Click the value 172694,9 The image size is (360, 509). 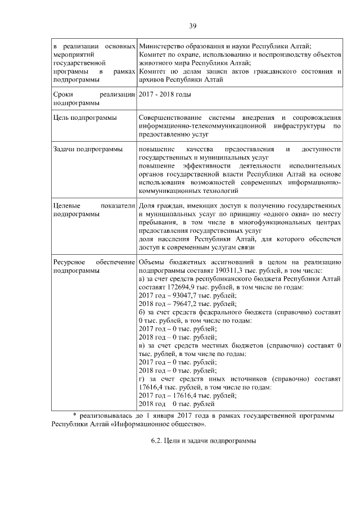click(178, 287)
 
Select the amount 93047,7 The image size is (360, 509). click(186, 295)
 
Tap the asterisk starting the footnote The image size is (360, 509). click(75, 415)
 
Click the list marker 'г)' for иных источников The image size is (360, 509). click(142, 380)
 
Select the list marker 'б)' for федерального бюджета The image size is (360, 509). click(142, 311)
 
